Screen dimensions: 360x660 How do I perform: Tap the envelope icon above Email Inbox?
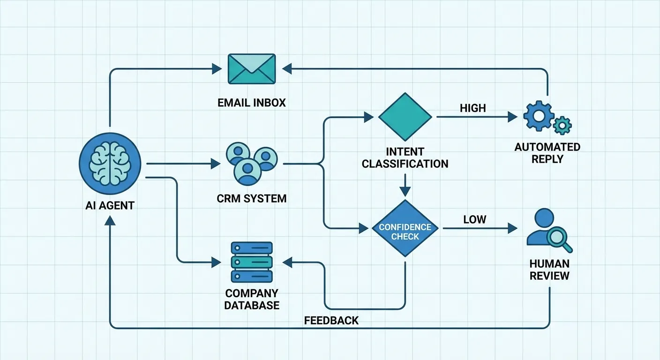[x=252, y=69]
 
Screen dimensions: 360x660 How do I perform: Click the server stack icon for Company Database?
[x=252, y=262]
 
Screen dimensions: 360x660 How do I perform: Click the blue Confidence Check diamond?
[x=405, y=228]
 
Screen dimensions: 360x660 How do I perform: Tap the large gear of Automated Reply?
[x=537, y=116]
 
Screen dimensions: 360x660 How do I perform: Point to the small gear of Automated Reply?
[x=562, y=126]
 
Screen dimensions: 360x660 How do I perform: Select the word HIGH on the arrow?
[x=472, y=108]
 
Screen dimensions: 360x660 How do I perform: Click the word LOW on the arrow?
[x=474, y=219]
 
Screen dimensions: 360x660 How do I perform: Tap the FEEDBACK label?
[x=331, y=321]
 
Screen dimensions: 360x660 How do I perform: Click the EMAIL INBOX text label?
[x=252, y=103]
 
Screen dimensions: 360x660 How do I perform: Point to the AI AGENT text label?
[x=110, y=205]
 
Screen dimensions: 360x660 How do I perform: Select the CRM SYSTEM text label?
[x=252, y=198]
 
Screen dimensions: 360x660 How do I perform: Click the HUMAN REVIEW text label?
[x=549, y=270]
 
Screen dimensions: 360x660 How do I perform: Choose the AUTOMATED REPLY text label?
[x=547, y=153]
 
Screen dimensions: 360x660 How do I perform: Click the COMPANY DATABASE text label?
[x=252, y=299]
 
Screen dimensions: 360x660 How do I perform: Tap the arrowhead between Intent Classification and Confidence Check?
[x=405, y=191]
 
